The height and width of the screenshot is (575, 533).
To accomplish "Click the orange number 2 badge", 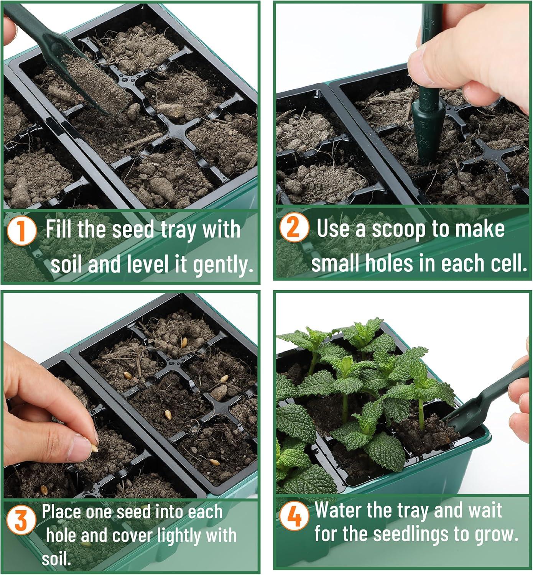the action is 294,228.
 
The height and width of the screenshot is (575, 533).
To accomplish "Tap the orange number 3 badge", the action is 21,520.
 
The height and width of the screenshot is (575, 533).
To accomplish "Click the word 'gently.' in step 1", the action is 223,264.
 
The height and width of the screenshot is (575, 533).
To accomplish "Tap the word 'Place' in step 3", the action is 61,512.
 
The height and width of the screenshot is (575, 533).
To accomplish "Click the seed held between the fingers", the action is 95,448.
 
